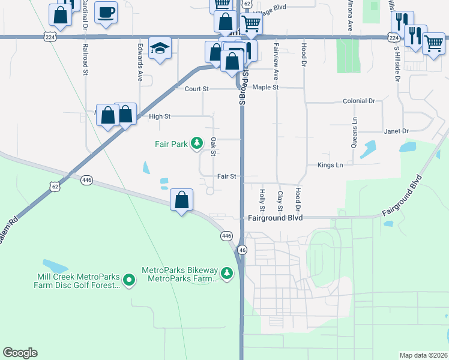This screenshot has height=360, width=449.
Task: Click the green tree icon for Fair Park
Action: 196,143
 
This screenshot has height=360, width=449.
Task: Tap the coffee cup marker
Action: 106,13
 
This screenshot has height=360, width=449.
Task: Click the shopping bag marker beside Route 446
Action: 181,200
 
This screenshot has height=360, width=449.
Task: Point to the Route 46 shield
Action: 242,250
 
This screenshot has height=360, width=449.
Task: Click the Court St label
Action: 196,89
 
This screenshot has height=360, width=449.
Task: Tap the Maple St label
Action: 265,88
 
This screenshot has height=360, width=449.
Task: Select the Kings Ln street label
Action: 330,165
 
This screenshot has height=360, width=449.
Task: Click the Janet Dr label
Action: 396,131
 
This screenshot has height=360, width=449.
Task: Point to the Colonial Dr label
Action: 358,101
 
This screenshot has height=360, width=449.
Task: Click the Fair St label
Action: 228,177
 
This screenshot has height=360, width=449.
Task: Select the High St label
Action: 160,116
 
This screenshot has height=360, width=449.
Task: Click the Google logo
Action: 20,353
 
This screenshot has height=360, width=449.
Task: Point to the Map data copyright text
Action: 423,355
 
